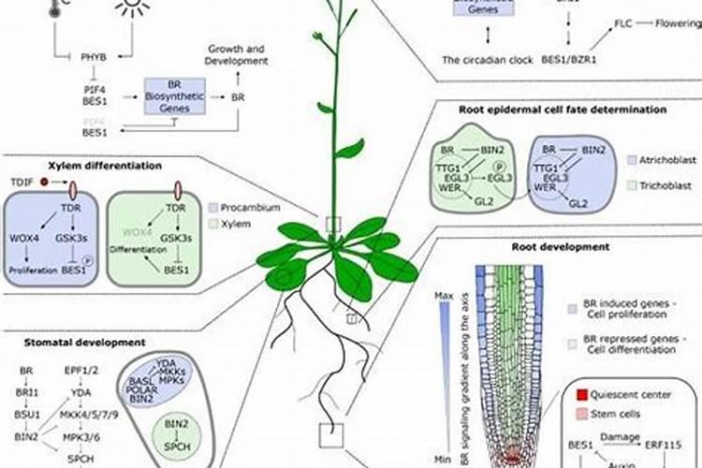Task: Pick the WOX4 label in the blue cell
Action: [x=23, y=240]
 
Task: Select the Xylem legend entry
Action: [x=236, y=225]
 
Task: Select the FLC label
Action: [x=623, y=22]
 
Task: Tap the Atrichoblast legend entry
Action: [x=669, y=160]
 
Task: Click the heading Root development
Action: [x=561, y=247]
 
